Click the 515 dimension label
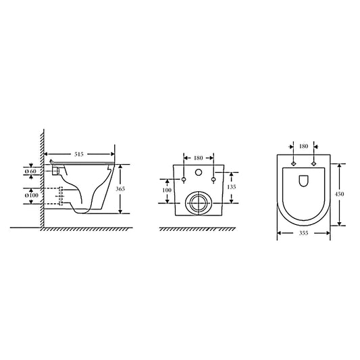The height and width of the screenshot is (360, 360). click(79, 155)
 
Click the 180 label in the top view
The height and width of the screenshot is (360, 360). click(303, 146)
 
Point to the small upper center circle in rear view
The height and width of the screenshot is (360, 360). click(199, 173)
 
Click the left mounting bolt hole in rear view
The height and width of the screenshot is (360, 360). click(184, 179)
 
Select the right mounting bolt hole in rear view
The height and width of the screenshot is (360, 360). click(214, 179)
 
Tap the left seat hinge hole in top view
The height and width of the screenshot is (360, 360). click(293, 164)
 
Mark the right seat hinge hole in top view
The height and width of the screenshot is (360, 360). click(313, 164)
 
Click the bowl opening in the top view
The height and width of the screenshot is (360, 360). click(303, 180)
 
